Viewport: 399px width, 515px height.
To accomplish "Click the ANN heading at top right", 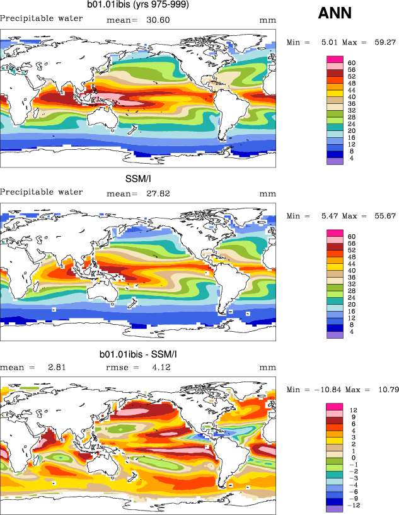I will pyautogui.click(x=335, y=13).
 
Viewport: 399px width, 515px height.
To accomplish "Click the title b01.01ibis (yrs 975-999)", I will pyautogui.click(x=138, y=5).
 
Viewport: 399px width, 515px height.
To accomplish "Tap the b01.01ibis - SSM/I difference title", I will pyautogui.click(x=138, y=355).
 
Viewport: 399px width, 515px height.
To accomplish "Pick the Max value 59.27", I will pyautogui.click(x=382, y=42).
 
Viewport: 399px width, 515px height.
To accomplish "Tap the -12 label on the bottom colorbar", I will pyautogui.click(x=354, y=505).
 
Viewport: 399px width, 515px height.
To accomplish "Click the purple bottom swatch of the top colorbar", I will pyautogui.click(x=334, y=161).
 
